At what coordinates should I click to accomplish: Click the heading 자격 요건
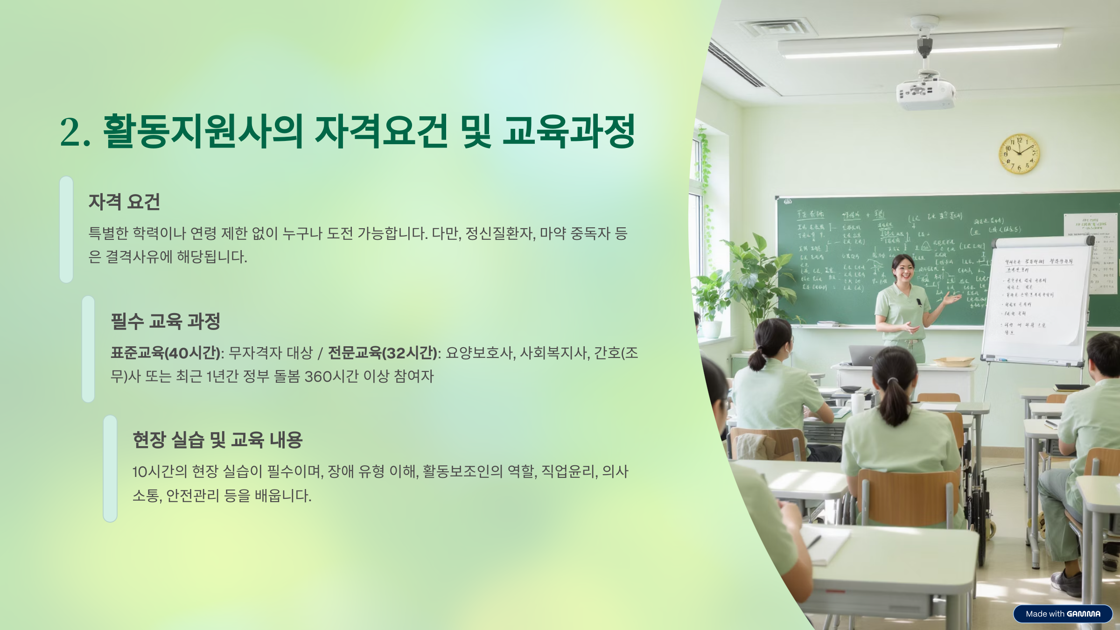(x=124, y=202)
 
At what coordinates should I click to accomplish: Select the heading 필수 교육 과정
(x=165, y=321)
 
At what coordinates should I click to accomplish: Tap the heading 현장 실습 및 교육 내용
(x=217, y=440)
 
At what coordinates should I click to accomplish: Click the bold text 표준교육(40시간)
(x=165, y=353)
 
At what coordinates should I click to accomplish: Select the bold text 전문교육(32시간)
(x=383, y=353)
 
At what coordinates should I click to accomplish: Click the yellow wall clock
(x=1019, y=154)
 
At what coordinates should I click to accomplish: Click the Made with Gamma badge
(x=1063, y=614)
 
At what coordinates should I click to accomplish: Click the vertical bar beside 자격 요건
(x=66, y=229)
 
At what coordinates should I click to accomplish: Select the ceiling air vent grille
(x=774, y=28)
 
